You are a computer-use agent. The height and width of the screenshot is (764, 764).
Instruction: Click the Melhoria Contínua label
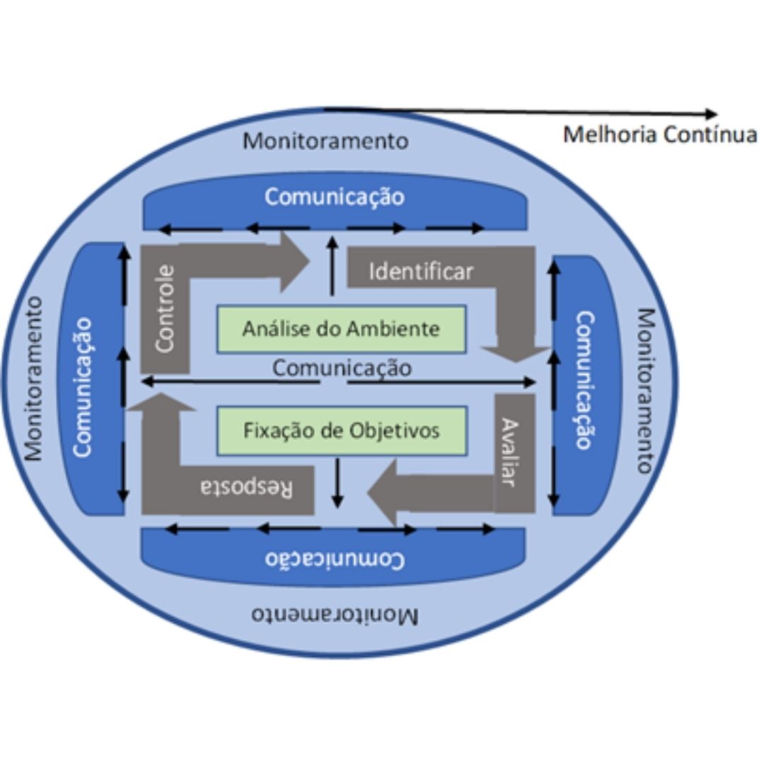pyautogui.click(x=659, y=134)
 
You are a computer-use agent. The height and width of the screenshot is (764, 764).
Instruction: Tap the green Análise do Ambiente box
pyautogui.click(x=341, y=329)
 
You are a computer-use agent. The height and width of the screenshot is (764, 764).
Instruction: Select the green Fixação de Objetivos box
pyautogui.click(x=341, y=430)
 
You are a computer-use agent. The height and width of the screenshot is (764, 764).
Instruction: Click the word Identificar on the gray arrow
pyautogui.click(x=421, y=272)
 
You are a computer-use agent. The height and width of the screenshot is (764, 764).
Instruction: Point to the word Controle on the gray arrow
pyautogui.click(x=164, y=308)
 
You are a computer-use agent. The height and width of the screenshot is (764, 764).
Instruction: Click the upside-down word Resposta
pyautogui.click(x=247, y=488)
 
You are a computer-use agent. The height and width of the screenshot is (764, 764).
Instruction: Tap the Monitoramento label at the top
pyautogui.click(x=325, y=141)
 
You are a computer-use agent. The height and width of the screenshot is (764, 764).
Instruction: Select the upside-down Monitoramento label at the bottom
pyautogui.click(x=335, y=614)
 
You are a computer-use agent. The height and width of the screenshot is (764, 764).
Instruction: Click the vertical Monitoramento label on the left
pyautogui.click(x=33, y=378)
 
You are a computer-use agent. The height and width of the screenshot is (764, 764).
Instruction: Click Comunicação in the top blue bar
pyautogui.click(x=335, y=197)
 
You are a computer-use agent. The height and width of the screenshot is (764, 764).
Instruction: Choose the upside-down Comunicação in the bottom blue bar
pyautogui.click(x=335, y=560)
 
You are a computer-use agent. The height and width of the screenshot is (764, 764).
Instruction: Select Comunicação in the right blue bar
pyautogui.click(x=584, y=380)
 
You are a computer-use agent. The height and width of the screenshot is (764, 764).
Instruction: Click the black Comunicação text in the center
pyautogui.click(x=342, y=368)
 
